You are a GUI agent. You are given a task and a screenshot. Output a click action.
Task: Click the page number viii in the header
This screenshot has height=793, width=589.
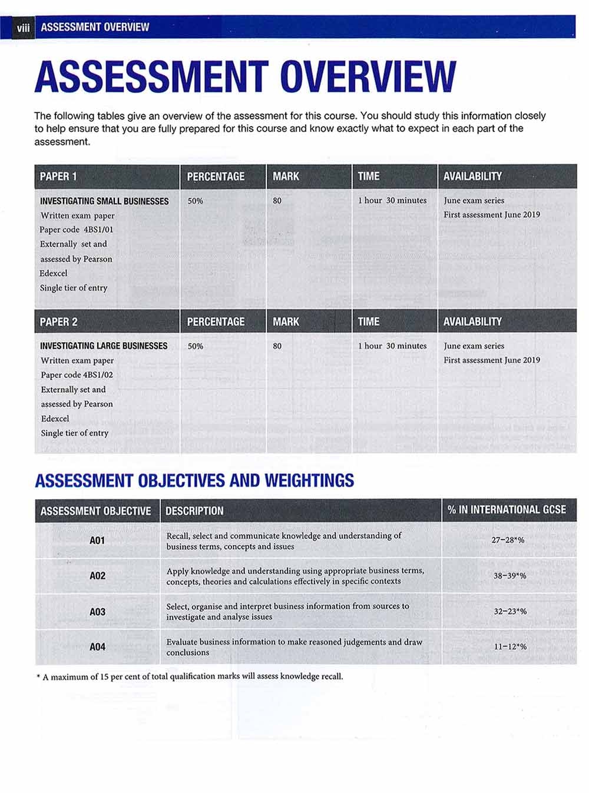pos(23,28)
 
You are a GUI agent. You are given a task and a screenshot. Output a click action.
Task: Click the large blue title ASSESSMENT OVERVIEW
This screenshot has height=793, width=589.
pos(245,77)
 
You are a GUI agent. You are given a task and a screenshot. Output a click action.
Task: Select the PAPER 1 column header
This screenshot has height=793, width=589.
pos(58,177)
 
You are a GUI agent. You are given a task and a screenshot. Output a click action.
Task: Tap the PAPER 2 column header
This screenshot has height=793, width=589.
pos(59,322)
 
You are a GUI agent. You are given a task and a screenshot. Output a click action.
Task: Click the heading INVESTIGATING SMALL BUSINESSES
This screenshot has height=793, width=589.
pos(104,201)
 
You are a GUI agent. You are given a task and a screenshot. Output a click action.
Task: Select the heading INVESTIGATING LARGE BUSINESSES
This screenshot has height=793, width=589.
pos(104,346)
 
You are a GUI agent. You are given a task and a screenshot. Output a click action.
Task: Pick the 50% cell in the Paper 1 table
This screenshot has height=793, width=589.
pos(195,201)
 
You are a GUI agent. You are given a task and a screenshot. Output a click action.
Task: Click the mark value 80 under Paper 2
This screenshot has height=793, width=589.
pos(277,346)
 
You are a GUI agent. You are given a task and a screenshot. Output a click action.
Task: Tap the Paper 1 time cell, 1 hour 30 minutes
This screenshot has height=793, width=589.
pos(392,201)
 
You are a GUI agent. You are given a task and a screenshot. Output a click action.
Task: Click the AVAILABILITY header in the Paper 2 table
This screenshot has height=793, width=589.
pos(472,322)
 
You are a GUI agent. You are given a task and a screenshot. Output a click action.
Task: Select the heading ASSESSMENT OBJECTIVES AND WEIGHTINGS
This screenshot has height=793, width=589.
pos(194,481)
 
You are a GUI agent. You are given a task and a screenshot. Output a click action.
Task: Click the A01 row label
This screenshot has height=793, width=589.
pos(97,540)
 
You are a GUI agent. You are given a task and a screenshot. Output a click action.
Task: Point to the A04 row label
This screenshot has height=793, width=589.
pos(97,647)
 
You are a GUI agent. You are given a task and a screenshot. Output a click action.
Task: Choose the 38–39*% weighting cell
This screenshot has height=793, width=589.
pos(509,576)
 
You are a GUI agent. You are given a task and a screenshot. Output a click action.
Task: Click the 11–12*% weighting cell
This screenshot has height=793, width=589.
pos(509,647)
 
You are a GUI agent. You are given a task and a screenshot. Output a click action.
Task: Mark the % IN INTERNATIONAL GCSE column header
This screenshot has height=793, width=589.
pos(507,510)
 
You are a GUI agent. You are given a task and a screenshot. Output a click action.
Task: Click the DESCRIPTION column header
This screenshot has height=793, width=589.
pos(194,511)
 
